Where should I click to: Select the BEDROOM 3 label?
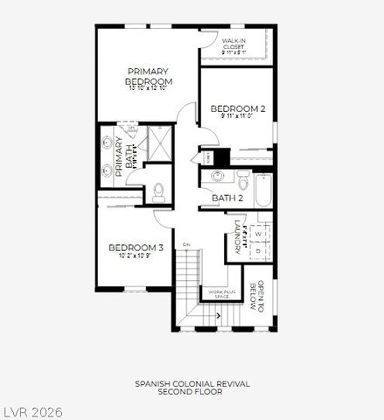pyautogui.click(x=136, y=248)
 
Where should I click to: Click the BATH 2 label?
pyautogui.click(x=227, y=199)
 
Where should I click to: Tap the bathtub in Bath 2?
pyautogui.click(x=262, y=189)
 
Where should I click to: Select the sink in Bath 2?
pyautogui.click(x=217, y=176)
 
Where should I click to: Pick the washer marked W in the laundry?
pyautogui.click(x=260, y=234)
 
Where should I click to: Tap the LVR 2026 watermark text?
pyautogui.click(x=32, y=410)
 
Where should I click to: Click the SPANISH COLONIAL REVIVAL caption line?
pyautogui.click(x=192, y=383)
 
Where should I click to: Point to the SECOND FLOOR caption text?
pyautogui.click(x=192, y=392)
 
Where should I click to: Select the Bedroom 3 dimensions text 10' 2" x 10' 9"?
pyautogui.click(x=136, y=256)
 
